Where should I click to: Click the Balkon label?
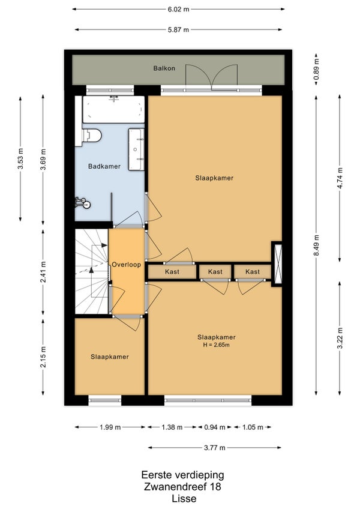click(x=164, y=68)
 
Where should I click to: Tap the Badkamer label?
click(x=104, y=166)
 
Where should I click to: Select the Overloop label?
click(x=126, y=265)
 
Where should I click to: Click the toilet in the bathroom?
click(x=92, y=136)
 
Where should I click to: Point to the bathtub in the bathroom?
click(x=113, y=109)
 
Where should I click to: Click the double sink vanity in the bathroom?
click(x=136, y=149)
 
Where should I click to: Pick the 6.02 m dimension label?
click(x=178, y=9)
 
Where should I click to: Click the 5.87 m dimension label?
click(x=178, y=29)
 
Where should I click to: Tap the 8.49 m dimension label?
click(x=317, y=245)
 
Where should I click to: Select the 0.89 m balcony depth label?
click(x=317, y=69)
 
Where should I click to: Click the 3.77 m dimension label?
click(x=215, y=448)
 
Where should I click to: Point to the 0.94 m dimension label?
click(x=215, y=427)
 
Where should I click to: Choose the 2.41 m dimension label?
click(x=43, y=272)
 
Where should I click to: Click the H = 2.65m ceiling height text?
click(x=216, y=345)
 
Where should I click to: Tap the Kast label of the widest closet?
click(x=172, y=272)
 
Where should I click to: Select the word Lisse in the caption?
click(x=184, y=498)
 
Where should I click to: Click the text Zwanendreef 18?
click(x=183, y=487)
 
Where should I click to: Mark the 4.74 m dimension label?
click(x=340, y=178)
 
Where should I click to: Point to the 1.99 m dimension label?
click(x=110, y=427)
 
